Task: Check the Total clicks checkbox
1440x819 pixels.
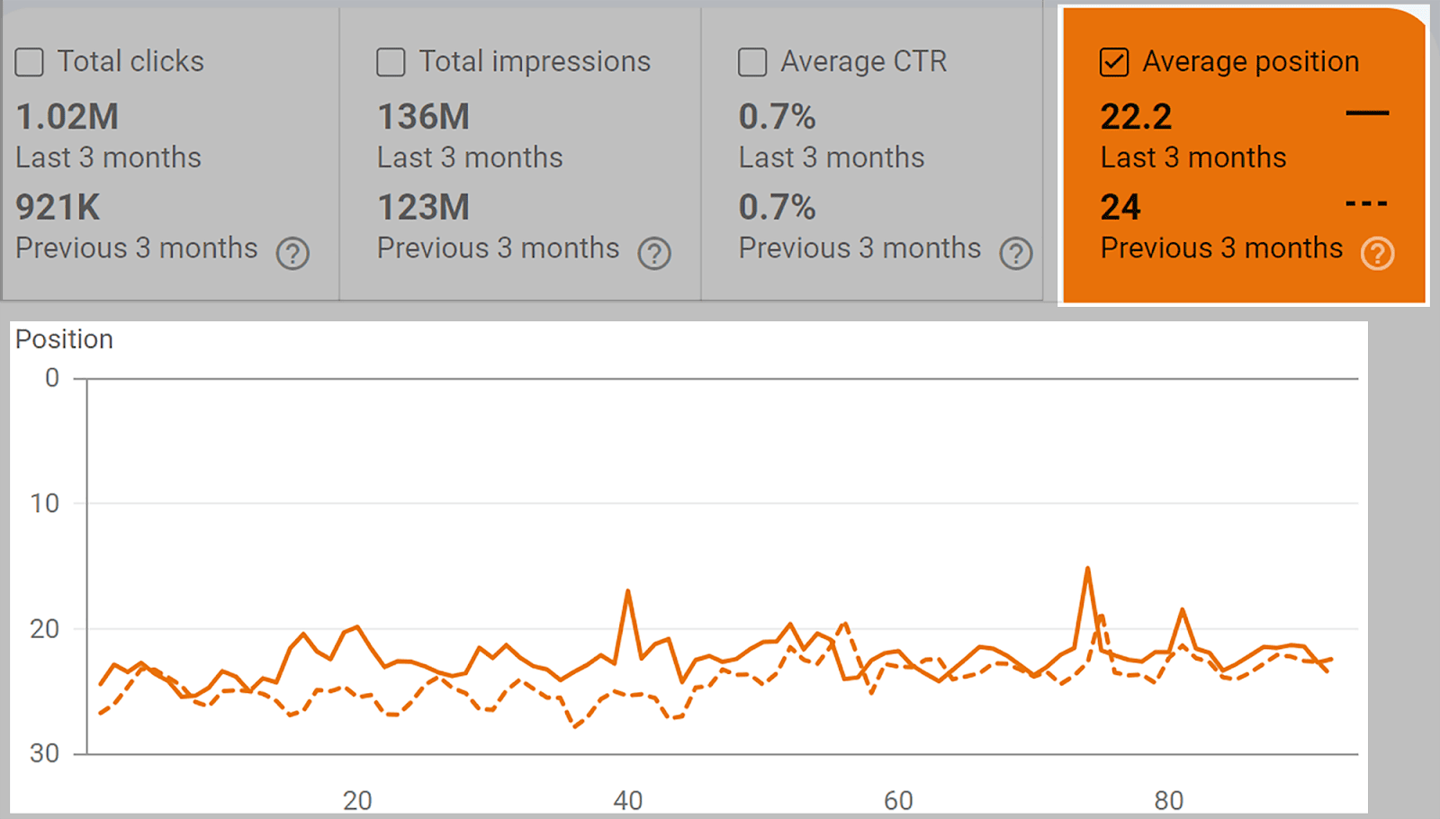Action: [30, 62]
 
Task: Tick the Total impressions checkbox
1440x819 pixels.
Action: [391, 62]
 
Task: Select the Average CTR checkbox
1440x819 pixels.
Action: [752, 62]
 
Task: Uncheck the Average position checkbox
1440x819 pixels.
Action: [1114, 62]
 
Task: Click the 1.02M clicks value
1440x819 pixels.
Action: [67, 117]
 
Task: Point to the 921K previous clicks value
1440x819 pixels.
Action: [58, 208]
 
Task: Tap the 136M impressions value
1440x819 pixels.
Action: [423, 117]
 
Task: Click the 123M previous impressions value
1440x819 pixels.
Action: [423, 208]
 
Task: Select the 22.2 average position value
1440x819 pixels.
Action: [1136, 117]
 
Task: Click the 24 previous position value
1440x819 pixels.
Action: [1120, 208]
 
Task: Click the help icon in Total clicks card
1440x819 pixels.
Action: [292, 254]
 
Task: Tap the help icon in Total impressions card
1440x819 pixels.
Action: [654, 254]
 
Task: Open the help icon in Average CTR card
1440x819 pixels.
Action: [1016, 254]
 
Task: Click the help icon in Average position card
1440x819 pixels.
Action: [1377, 254]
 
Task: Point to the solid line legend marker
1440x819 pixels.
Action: [1367, 113]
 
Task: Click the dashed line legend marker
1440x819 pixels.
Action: [1366, 204]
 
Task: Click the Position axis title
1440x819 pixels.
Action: [65, 339]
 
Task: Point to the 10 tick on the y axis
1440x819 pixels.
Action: [45, 503]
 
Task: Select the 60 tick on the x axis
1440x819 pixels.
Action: [898, 800]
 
